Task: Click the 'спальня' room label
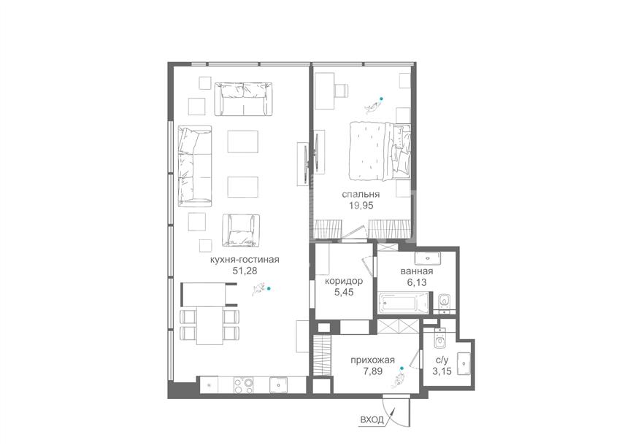361,195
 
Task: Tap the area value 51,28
245,271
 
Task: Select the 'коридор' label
344,281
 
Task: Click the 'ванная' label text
417,271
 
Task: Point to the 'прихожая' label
372,360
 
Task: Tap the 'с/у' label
442,360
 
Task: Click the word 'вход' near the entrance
372,420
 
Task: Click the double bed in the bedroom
380,151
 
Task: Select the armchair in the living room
240,230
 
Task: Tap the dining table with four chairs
210,325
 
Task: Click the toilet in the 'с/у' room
440,338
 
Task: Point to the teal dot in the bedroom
381,98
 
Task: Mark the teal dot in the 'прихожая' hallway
401,368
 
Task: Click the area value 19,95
361,206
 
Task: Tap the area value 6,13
417,282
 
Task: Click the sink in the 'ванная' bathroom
428,257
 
